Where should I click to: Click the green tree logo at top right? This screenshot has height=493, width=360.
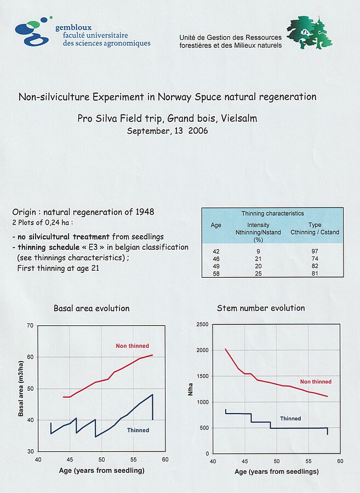click(x=309, y=33)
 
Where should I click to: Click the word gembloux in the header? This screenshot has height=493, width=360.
click(x=73, y=27)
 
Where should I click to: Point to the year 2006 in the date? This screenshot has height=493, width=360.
click(x=197, y=131)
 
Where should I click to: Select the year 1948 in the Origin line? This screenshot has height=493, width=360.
click(x=142, y=212)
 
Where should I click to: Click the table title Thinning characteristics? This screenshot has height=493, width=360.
click(x=272, y=213)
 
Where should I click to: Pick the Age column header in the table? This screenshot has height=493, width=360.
click(x=216, y=225)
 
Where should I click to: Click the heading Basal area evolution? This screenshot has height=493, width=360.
click(x=92, y=308)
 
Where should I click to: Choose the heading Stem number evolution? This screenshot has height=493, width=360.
click(x=261, y=308)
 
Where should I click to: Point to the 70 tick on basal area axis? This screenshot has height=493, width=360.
click(x=30, y=326)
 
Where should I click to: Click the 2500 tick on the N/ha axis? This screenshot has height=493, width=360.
click(x=202, y=325)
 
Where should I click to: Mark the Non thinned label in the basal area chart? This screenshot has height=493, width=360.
click(x=132, y=346)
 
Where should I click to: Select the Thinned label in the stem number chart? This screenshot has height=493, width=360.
click(x=290, y=419)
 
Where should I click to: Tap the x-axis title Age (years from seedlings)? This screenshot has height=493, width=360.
click(x=276, y=472)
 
